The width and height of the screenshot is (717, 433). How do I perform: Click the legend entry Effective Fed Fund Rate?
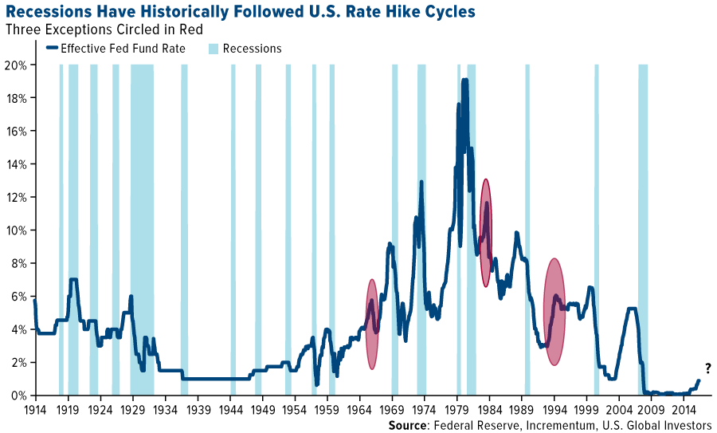click(x=116, y=49)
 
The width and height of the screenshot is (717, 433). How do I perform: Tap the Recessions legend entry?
click(x=244, y=49)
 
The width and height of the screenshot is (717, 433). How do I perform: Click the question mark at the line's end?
click(x=707, y=368)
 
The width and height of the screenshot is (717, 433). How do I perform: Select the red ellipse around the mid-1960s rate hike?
click(x=371, y=324)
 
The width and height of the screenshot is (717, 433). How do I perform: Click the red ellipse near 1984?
click(x=486, y=233)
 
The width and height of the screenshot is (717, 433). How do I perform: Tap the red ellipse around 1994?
click(x=554, y=312)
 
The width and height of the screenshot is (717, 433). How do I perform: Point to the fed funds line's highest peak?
click(x=464, y=80)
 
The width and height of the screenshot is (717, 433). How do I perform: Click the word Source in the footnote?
click(x=409, y=425)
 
